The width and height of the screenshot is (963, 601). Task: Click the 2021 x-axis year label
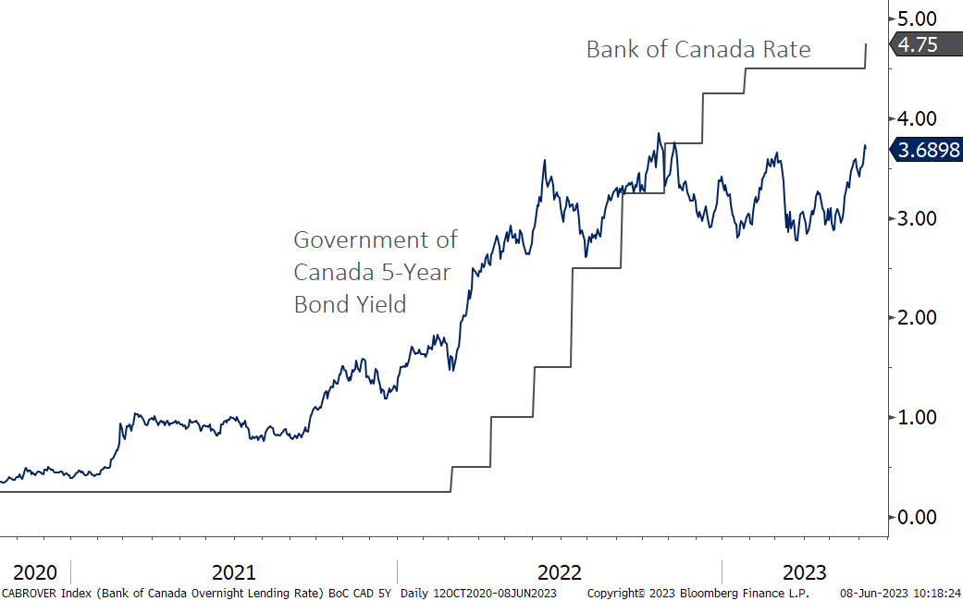point(233,571)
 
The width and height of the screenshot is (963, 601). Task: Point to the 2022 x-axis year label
point(560,571)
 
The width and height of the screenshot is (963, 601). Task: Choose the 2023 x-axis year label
point(804,571)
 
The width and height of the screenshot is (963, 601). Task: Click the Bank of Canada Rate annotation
point(698,49)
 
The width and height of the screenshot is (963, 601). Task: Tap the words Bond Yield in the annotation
point(350,304)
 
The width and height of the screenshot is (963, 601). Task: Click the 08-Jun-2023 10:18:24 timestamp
point(900,592)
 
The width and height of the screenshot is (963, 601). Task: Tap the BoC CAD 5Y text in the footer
point(361,592)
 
